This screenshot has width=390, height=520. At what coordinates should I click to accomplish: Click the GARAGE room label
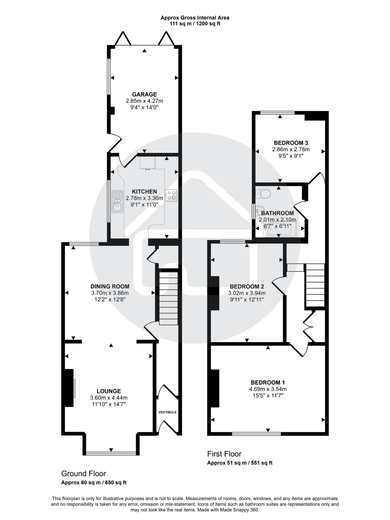click(x=144, y=94)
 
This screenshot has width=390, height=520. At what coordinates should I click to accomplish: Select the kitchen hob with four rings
click(x=172, y=196)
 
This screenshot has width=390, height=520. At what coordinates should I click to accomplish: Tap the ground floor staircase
click(x=168, y=298)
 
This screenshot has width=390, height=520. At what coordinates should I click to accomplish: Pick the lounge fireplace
click(x=71, y=387)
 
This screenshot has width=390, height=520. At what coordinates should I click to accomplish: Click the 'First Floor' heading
click(x=224, y=454)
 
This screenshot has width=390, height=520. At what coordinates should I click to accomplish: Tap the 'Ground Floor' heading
click(x=83, y=474)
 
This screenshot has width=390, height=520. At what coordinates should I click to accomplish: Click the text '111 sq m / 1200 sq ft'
click(x=195, y=24)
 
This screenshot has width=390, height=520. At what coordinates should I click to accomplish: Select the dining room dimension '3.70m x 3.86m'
click(x=110, y=292)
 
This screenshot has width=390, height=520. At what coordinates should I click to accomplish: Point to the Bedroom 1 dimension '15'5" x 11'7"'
click(x=268, y=396)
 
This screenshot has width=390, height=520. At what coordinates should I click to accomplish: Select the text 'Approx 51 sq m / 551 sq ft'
click(x=239, y=463)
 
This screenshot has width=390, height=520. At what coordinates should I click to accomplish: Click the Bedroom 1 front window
click(x=256, y=433)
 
